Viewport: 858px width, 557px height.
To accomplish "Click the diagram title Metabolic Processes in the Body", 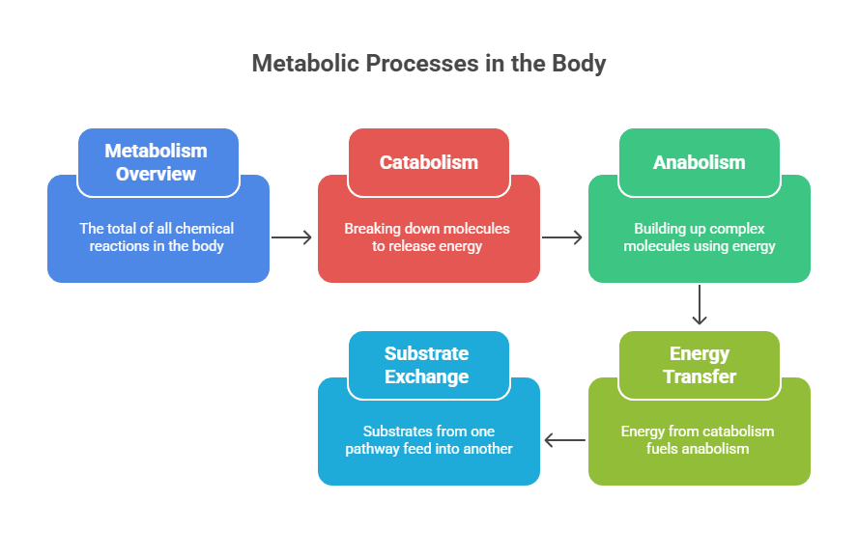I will click(429, 64).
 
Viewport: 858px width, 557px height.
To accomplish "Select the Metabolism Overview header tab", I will click(157, 162).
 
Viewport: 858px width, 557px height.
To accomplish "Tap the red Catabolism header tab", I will click(428, 162).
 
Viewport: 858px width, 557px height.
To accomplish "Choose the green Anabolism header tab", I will click(699, 162).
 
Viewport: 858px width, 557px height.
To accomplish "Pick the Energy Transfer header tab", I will click(699, 365).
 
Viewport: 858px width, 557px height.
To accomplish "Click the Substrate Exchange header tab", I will click(428, 365).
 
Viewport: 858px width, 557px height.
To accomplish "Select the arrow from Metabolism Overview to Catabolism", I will click(293, 237).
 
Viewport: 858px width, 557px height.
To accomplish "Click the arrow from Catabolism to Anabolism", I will click(563, 237).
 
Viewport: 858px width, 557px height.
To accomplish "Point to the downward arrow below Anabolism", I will click(700, 305).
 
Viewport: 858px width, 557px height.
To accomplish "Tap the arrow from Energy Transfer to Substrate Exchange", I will click(564, 440).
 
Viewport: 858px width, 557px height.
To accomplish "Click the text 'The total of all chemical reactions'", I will click(157, 237).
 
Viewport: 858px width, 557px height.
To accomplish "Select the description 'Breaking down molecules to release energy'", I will click(428, 237).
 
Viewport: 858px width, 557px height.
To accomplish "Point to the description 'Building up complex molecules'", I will click(699, 237).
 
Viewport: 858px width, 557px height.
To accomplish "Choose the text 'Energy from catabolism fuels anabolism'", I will click(699, 440).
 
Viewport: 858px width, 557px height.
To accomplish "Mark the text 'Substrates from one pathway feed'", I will click(428, 440).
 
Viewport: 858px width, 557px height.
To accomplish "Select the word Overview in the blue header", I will click(157, 175).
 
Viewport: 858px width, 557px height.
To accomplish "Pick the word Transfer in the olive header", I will click(699, 377).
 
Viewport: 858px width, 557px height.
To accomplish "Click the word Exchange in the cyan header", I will click(428, 377).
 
